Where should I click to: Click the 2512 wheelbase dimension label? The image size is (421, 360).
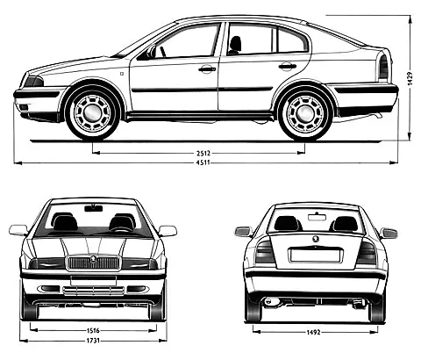(203, 153)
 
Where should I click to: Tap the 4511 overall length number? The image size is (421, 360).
(203, 162)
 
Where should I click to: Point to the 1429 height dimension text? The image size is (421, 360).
(410, 78)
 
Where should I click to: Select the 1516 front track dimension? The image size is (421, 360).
(93, 331)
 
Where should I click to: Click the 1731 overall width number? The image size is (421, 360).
(93, 341)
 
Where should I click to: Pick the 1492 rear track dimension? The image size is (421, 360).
(314, 332)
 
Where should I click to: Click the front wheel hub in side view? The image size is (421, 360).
(92, 112)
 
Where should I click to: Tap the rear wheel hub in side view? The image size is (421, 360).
(305, 113)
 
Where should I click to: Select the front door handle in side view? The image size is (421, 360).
(207, 69)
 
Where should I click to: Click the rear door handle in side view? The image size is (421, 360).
(288, 67)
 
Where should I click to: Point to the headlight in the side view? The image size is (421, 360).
(33, 82)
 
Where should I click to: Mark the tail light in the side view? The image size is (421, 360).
(383, 68)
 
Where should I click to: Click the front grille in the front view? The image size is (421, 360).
(93, 263)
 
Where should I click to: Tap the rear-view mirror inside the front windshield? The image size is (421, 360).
(94, 208)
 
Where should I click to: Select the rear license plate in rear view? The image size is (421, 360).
(315, 255)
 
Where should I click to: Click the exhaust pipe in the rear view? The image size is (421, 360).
(268, 301)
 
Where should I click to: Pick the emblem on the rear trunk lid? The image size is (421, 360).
(316, 239)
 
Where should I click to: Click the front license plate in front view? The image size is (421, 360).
(93, 281)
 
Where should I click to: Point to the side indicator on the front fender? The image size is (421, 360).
(122, 73)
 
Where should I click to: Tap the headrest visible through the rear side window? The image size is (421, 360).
(235, 44)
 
